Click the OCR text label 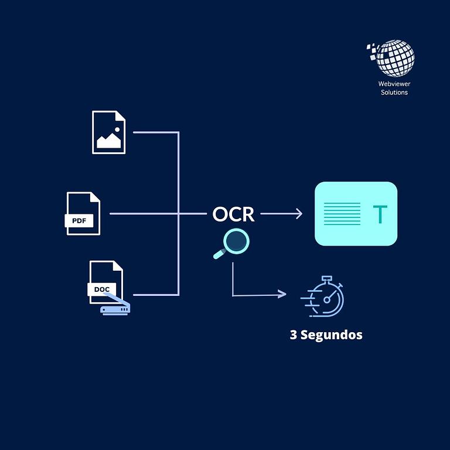point(233,214)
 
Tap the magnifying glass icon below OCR point(233,243)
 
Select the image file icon point(108,132)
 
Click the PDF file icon point(83,213)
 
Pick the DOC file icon point(106,282)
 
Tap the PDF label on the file point(79,221)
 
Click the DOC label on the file point(102,289)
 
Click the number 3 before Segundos point(294,335)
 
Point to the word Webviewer point(394,84)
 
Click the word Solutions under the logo point(394,92)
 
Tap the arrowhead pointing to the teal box point(299,214)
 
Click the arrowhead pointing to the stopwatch point(283,294)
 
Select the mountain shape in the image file point(108,141)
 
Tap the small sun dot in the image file point(117,129)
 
